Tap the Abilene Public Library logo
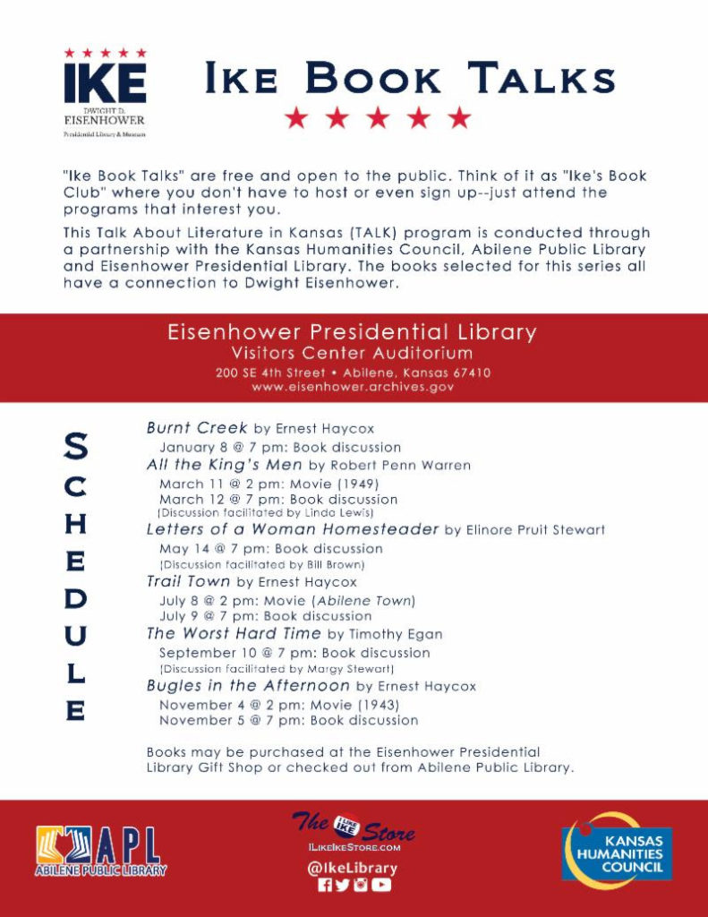(101, 850)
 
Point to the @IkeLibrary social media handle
(354, 868)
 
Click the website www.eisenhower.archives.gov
(353, 387)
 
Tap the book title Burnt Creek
(196, 428)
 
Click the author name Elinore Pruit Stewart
(525, 530)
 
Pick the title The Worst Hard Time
(232, 634)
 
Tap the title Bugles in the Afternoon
(247, 686)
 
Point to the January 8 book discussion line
(279, 447)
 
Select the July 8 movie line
(286, 600)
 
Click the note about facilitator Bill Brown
(260, 565)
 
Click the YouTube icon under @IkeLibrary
(382, 886)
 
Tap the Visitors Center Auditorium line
(352, 353)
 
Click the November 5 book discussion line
(288, 720)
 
